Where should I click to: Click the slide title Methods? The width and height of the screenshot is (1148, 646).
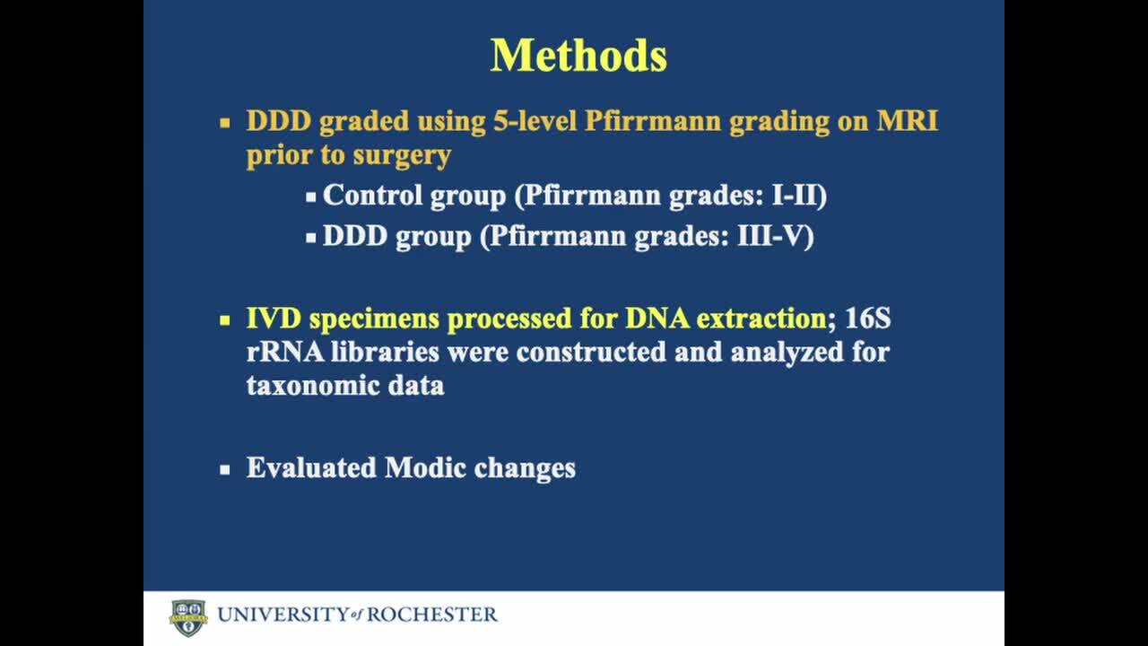coord(578,56)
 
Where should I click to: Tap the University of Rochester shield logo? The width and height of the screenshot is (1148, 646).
coord(188,618)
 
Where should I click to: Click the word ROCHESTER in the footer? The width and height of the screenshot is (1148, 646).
coord(432,615)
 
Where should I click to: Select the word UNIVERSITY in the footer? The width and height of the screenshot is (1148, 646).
coord(283,615)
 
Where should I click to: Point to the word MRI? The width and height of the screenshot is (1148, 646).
coord(907,121)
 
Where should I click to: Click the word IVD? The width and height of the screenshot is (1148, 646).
coord(274,319)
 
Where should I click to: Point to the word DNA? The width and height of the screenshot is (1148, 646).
coord(657,319)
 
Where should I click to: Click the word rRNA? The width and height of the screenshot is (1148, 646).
coord(285,353)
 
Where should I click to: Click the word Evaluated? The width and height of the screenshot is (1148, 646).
coord(311,468)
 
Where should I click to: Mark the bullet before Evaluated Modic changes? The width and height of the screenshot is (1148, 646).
coord(224,469)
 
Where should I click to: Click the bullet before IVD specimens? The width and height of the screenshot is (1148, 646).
coord(224,320)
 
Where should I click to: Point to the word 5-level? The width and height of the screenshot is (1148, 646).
coord(535,121)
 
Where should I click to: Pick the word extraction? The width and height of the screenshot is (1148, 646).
coord(761,319)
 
